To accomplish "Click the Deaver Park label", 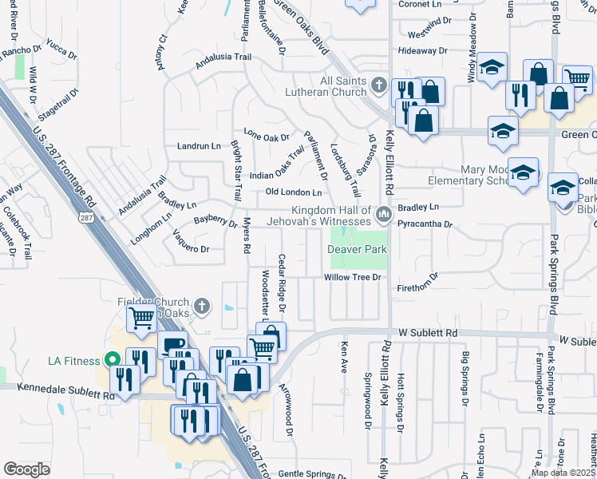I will pyautogui.click(x=357, y=249).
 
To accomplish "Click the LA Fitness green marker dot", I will pyautogui.click(x=112, y=360).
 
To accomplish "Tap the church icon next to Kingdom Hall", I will pyautogui.click(x=384, y=213).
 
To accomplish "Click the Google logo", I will pyautogui.click(x=26, y=469).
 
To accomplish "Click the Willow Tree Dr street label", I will pyautogui.click(x=354, y=278).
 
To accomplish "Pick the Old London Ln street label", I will pyautogui.click(x=294, y=192).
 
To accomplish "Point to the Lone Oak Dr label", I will pyautogui.click(x=267, y=134).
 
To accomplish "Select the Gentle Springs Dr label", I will pyautogui.click(x=310, y=474).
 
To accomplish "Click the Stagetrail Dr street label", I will pyautogui.click(x=66, y=105).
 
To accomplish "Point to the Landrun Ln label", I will pyautogui.click(x=199, y=147).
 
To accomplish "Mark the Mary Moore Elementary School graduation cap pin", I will pyautogui.click(x=523, y=172).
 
